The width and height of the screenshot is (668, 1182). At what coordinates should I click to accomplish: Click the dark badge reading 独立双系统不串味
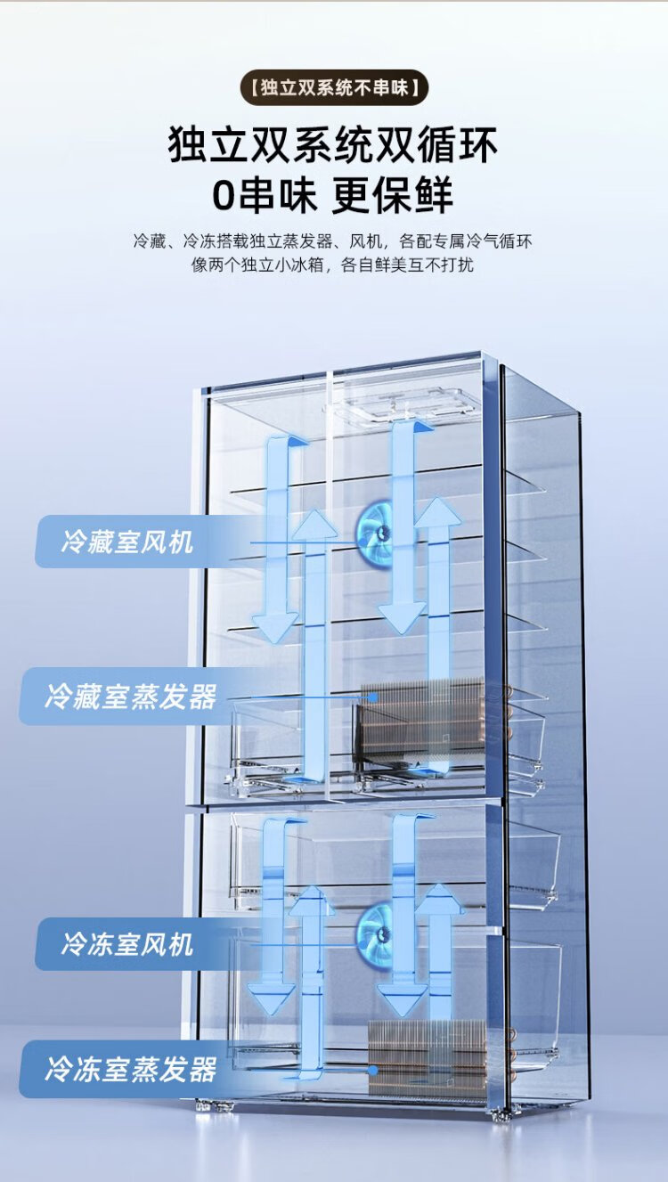pyautogui.click(x=333, y=87)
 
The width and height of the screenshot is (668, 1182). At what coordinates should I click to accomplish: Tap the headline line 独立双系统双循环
pyautogui.click(x=333, y=145)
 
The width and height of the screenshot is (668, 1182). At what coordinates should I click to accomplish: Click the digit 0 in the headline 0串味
pyautogui.click(x=224, y=196)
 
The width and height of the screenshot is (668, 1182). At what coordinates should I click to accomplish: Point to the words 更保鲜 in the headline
pyautogui.click(x=392, y=195)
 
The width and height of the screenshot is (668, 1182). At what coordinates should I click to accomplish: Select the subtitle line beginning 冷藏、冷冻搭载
pyautogui.click(x=333, y=241)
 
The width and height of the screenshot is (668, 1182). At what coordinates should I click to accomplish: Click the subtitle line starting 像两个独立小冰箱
pyautogui.click(x=332, y=265)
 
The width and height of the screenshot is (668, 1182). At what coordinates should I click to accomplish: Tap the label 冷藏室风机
pyautogui.click(x=127, y=542)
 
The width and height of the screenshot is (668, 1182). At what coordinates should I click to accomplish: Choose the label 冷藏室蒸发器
pyautogui.click(x=130, y=696)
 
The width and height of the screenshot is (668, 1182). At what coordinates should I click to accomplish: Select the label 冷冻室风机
pyautogui.click(x=127, y=943)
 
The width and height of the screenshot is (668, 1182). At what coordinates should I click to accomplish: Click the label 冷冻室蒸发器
pyautogui.click(x=130, y=1069)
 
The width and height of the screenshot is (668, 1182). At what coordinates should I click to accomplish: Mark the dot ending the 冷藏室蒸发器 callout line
pyautogui.click(x=373, y=697)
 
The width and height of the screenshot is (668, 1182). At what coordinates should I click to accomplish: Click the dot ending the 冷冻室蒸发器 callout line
pyautogui.click(x=373, y=1070)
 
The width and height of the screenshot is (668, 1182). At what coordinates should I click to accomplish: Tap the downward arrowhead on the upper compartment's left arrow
pyautogui.click(x=274, y=627)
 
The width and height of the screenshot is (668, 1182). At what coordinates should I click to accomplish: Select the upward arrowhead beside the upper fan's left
pyautogui.click(x=314, y=524)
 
